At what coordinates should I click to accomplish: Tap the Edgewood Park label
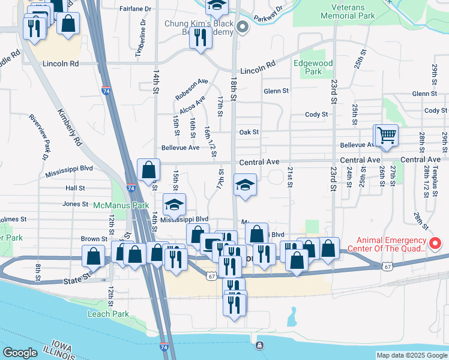pos(309,67)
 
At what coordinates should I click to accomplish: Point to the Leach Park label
pos(108,314)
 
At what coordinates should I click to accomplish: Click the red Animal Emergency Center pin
pos(436,243)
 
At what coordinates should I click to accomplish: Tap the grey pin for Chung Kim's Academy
pos(243,26)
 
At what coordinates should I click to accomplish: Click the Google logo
pos(20,353)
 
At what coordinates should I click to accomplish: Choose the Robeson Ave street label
pos(191,89)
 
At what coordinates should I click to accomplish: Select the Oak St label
pos(249,132)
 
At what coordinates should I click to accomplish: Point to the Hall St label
pos(76,188)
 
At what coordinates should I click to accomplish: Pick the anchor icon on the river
pos(259,346)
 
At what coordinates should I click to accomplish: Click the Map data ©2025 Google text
pos(411,355)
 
